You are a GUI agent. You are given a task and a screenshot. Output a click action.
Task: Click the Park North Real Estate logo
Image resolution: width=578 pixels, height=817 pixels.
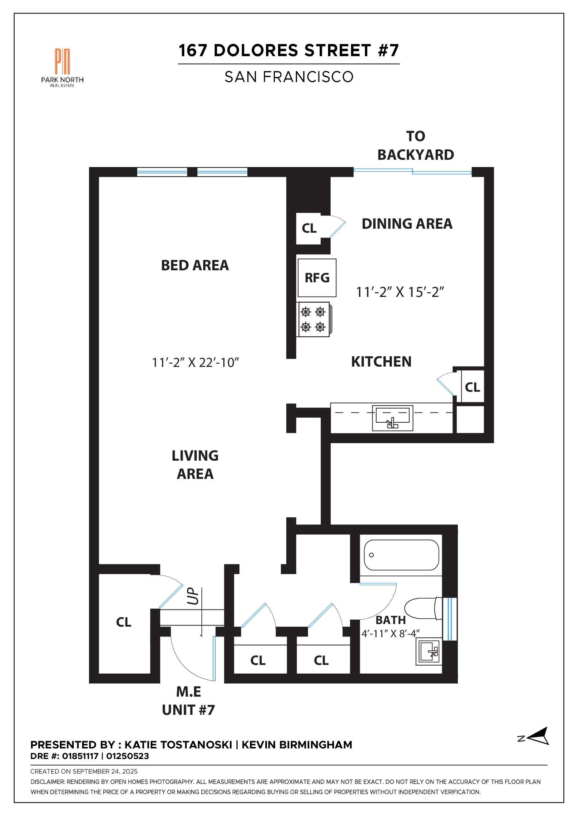[62, 67]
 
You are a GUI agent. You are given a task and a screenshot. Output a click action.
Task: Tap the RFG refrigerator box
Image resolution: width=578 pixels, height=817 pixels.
[317, 278]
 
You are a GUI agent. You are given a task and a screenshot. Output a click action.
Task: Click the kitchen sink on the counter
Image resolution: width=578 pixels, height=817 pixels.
[393, 418]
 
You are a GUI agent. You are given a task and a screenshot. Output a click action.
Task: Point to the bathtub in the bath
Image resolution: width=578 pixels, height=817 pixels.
[401, 555]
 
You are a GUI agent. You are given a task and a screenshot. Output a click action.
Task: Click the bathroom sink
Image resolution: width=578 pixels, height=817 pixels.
[429, 652]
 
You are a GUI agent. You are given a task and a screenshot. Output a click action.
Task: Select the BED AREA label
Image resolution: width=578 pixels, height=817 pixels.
[195, 266]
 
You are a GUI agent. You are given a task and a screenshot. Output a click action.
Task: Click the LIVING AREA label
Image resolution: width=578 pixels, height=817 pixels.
[195, 465]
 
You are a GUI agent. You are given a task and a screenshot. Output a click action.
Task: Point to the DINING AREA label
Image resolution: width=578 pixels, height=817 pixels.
[407, 224]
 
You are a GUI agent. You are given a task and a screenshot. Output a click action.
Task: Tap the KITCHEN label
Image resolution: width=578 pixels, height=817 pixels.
[381, 361]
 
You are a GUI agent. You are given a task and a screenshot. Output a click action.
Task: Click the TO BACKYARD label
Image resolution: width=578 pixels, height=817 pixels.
[416, 146]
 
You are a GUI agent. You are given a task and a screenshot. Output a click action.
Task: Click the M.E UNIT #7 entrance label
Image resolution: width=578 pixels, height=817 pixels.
[188, 701]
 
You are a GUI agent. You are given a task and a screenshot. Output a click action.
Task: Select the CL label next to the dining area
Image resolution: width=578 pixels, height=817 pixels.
[309, 228]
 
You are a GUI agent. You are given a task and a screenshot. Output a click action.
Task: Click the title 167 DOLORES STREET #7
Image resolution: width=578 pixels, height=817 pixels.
[289, 50]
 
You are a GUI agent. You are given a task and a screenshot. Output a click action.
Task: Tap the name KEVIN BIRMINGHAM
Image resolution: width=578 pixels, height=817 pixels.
[297, 745]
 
